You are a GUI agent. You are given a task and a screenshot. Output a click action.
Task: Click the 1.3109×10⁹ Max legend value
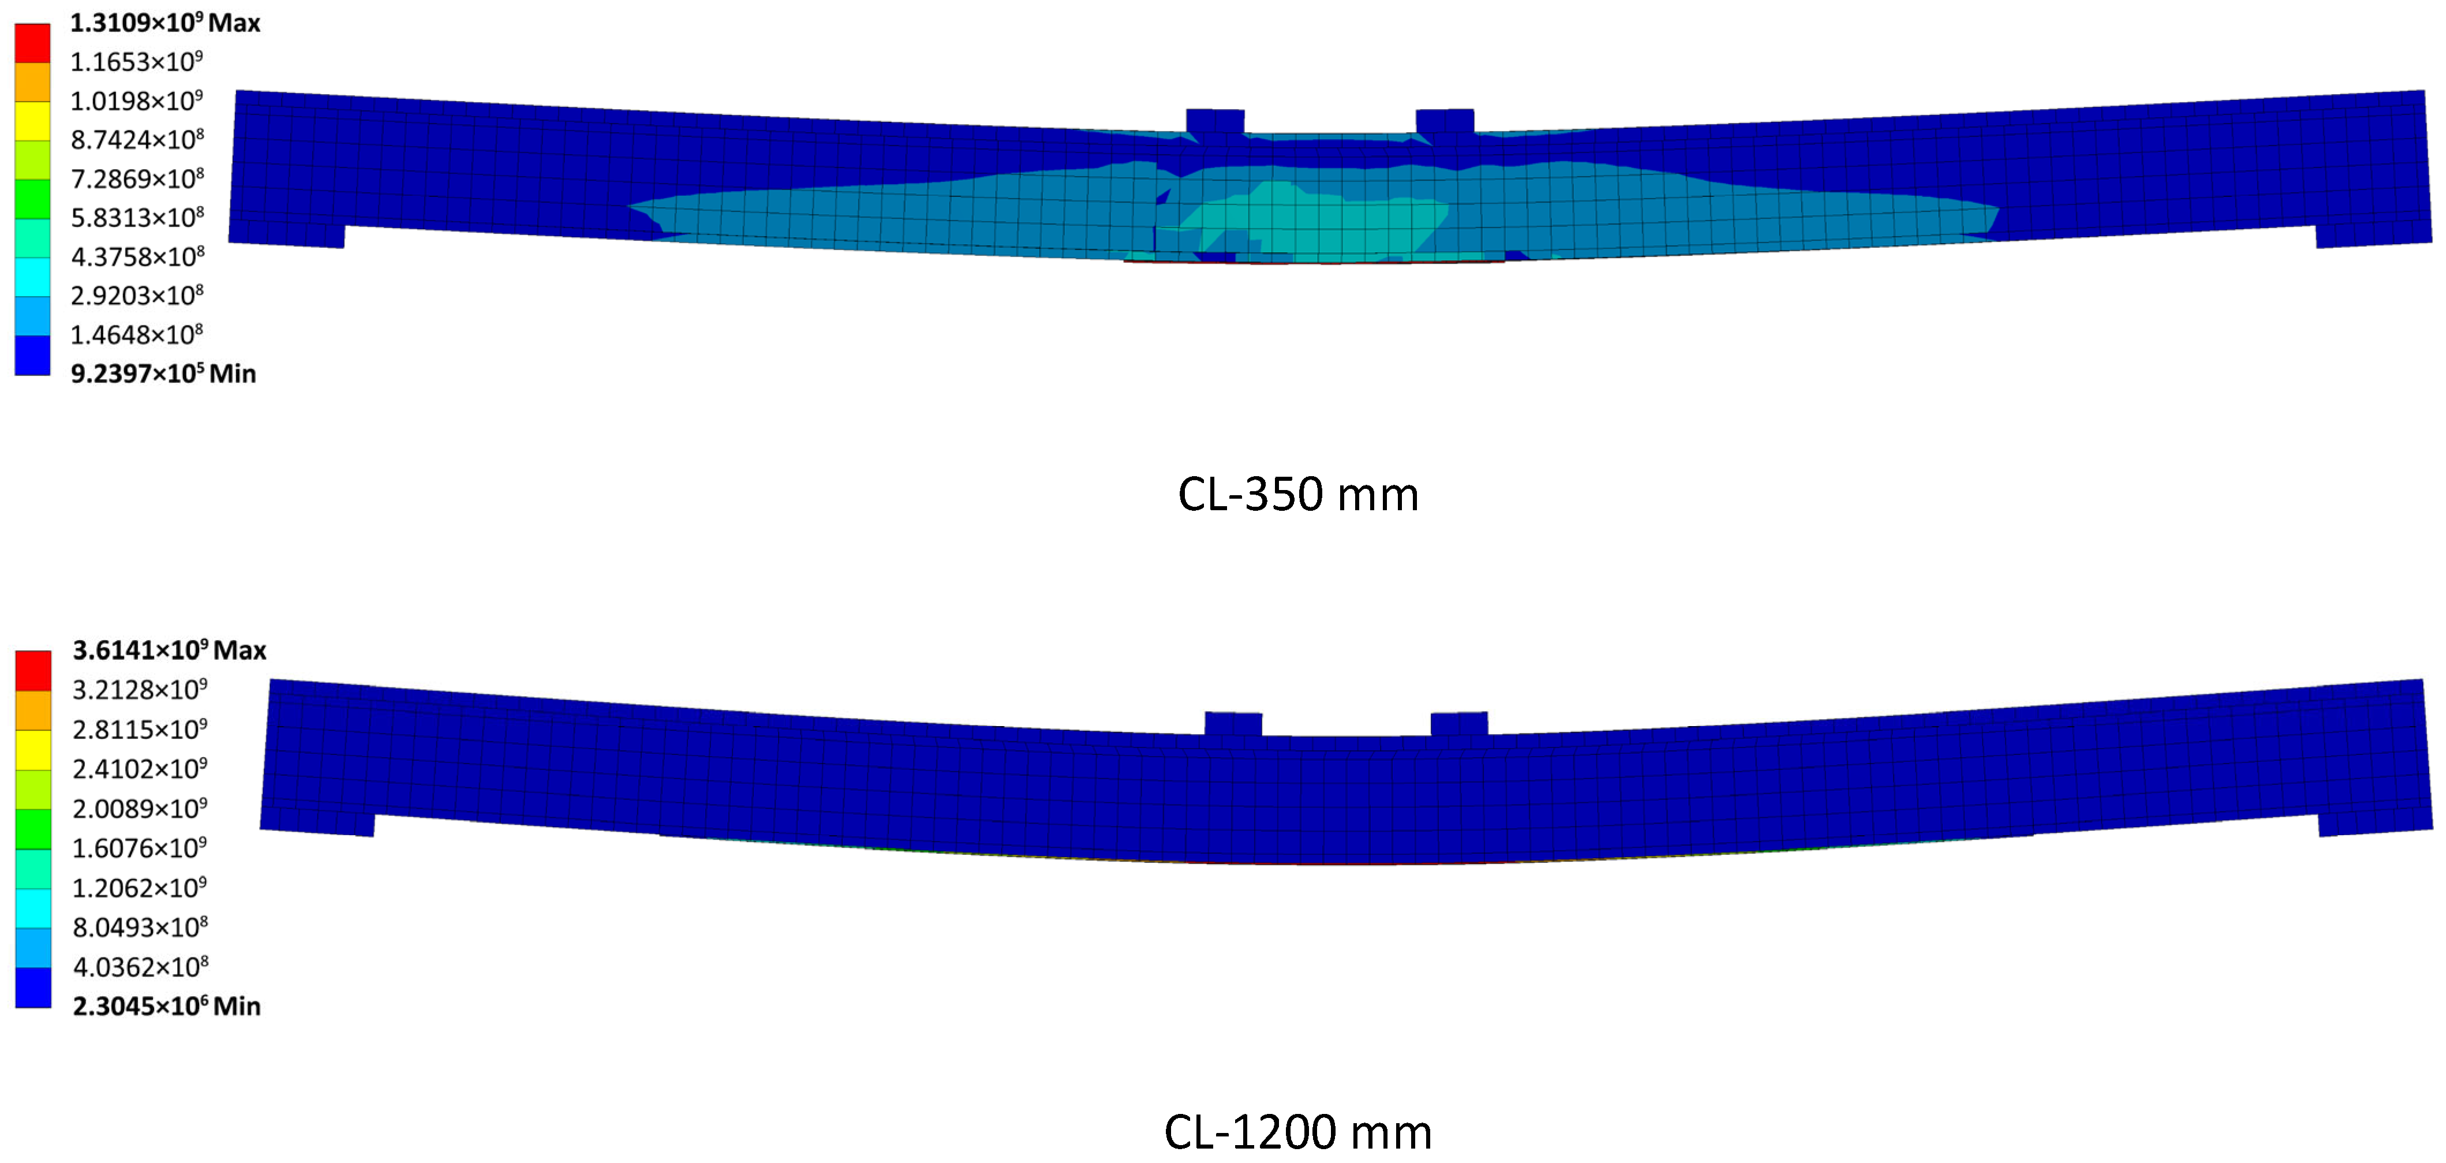tap(165, 23)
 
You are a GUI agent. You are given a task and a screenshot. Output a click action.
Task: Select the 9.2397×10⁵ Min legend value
tap(163, 373)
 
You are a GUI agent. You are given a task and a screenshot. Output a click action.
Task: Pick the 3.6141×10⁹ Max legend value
tap(170, 650)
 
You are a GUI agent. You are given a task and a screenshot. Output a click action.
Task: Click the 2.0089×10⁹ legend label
tap(140, 808)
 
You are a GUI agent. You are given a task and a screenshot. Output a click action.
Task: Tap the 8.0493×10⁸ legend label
tap(140, 926)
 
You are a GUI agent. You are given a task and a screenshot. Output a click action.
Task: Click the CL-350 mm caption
tap(1298, 495)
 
